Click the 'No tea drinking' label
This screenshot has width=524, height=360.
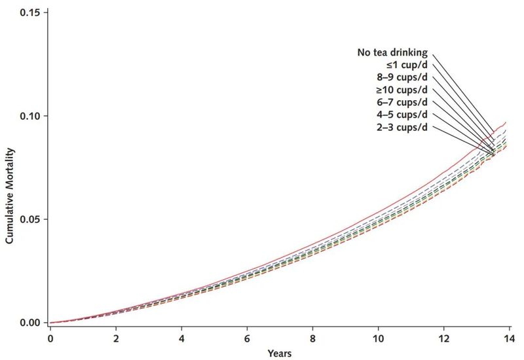(393, 52)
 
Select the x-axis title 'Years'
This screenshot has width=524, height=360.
(279, 353)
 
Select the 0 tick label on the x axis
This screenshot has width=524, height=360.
(50, 338)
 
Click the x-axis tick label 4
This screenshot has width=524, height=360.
(181, 338)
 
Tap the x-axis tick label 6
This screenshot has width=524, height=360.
(247, 338)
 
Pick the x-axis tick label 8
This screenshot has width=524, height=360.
(312, 338)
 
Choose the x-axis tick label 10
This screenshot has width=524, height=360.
(378, 338)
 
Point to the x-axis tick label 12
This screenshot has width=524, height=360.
(443, 338)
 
